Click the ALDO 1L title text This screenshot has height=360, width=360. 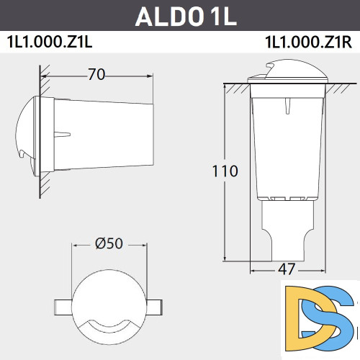(x=180, y=15)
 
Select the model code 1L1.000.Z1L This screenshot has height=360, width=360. (x=50, y=42)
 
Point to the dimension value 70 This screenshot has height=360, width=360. (x=98, y=73)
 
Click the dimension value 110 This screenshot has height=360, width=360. (x=225, y=171)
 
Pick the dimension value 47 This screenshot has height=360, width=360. (x=286, y=269)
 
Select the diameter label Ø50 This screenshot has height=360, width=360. (x=109, y=243)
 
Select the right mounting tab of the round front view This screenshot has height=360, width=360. (x=156, y=303)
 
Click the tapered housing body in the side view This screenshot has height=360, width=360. (x=108, y=135)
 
